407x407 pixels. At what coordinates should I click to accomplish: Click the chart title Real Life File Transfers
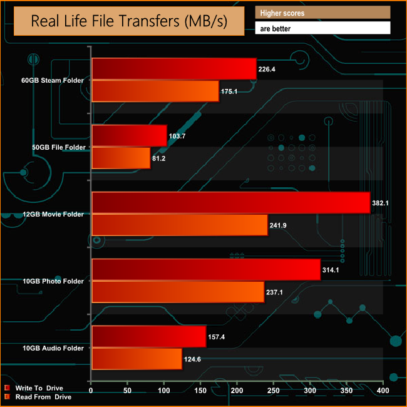[x=129, y=23]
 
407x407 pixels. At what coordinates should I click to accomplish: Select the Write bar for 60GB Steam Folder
[x=174, y=69]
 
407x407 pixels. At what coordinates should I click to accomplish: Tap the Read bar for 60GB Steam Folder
[x=155, y=91]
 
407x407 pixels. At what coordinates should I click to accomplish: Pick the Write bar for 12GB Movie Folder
[x=230, y=203]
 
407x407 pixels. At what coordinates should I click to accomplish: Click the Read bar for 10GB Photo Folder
[x=178, y=292]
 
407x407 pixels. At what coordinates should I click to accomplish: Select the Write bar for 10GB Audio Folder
[x=148, y=336]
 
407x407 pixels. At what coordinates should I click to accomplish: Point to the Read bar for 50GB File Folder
[x=121, y=158]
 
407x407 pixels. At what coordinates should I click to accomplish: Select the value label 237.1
[x=277, y=292]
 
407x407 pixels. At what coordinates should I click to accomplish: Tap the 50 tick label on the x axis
[x=128, y=391]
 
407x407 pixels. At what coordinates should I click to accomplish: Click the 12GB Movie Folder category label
[x=53, y=214]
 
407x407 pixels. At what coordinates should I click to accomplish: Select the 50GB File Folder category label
[x=55, y=147]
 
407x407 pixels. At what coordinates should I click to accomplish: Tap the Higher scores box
[x=322, y=13]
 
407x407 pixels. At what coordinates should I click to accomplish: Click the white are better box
[x=322, y=28]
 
